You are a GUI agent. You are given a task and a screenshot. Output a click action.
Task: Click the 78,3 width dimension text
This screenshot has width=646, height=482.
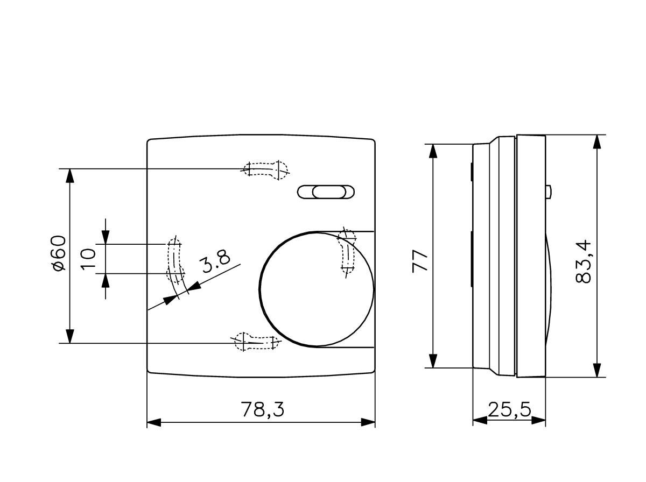tap(262, 410)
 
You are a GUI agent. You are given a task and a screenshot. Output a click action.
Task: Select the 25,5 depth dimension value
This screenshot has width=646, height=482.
tap(509, 410)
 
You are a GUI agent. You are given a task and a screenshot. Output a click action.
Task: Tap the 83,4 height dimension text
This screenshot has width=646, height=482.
tap(584, 262)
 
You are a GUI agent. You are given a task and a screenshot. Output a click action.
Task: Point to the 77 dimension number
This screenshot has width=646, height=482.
tap(420, 261)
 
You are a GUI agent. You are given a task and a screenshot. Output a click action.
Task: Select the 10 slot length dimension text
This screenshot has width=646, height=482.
tap(89, 258)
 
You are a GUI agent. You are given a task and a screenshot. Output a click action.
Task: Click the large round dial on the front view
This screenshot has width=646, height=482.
tap(317, 288)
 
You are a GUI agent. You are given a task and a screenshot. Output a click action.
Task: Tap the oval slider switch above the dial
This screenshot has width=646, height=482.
tap(327, 192)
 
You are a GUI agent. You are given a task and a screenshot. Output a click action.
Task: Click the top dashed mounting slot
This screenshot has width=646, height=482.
tap(267, 169)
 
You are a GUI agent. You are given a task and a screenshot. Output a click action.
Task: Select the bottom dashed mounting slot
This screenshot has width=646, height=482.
tap(256, 341)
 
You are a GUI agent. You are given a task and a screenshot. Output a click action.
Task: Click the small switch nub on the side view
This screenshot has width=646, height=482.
tap(548, 192)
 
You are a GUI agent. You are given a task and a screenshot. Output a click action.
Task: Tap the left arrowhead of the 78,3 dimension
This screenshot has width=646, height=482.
tap(154, 422)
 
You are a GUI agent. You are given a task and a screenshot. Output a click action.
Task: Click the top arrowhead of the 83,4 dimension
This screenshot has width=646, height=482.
tap(596, 141)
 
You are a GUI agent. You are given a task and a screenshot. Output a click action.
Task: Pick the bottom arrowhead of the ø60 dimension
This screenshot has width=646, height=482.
tap(69, 336)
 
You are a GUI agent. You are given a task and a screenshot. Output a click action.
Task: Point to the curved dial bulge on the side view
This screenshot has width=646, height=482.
tap(549, 285)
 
